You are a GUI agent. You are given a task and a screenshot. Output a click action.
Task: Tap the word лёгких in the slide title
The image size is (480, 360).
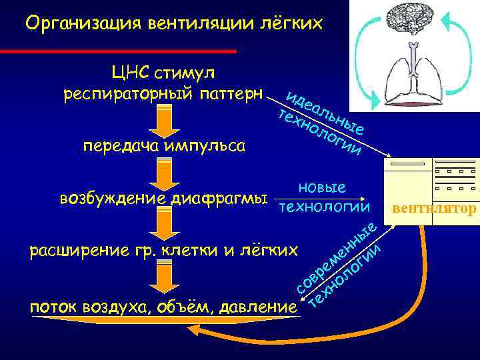tap(289, 24)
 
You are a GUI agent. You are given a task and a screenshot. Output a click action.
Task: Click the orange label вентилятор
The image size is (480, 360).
tap(435, 209)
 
